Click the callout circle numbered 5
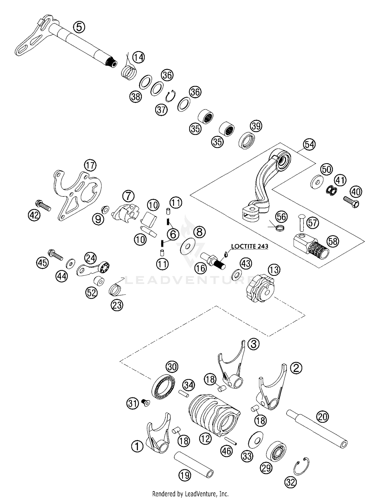point(79,27)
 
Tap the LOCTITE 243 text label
point(249,246)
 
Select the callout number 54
point(309,145)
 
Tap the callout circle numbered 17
point(90,165)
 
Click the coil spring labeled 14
point(129,72)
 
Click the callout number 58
point(333,241)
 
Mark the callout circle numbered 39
point(256,126)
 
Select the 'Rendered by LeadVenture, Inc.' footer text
point(190,494)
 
